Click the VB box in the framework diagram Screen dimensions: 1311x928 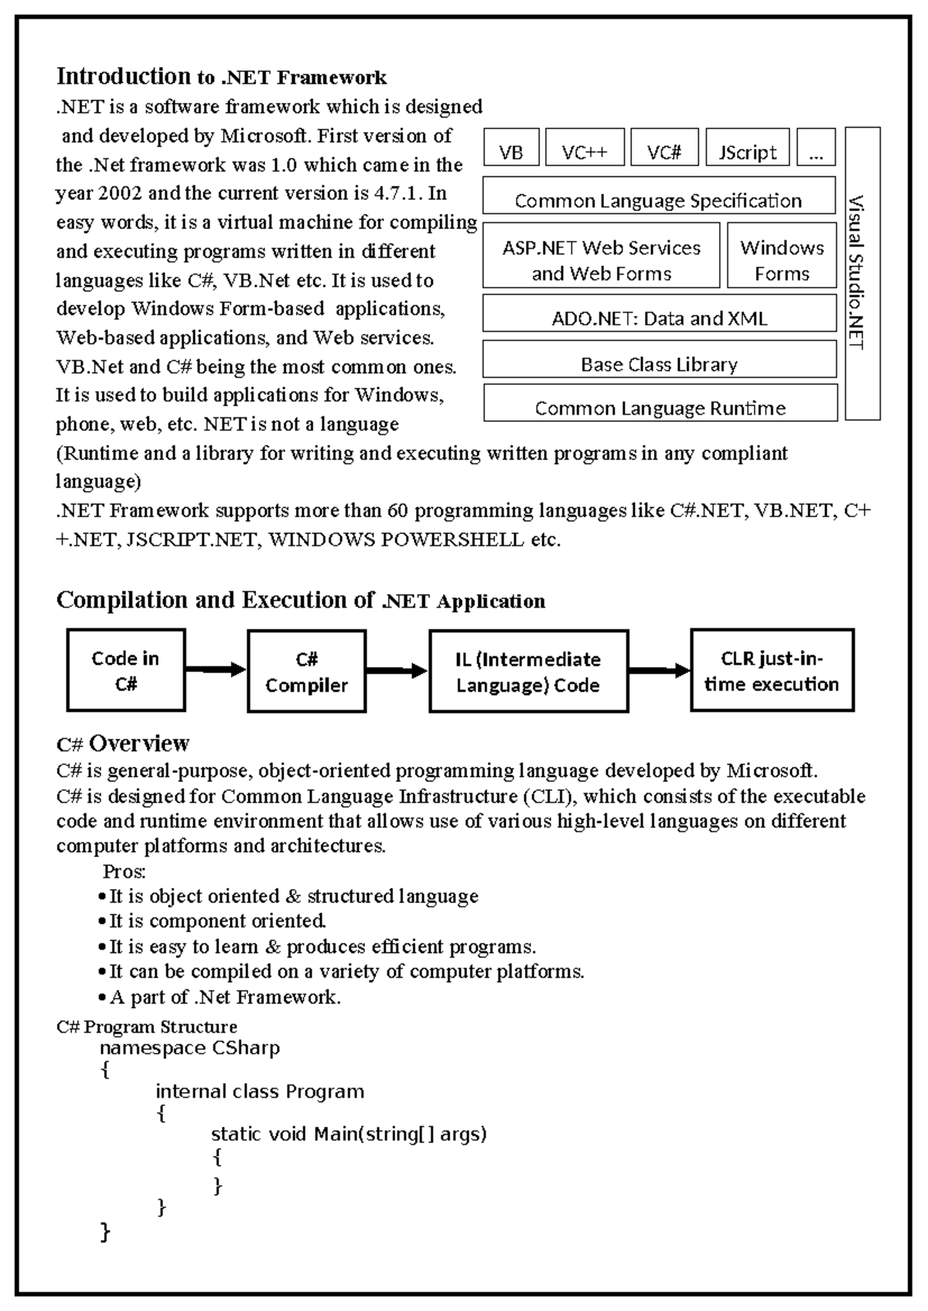coord(510,148)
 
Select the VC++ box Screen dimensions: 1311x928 coord(584,148)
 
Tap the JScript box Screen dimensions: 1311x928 coord(747,148)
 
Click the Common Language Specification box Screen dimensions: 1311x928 coord(659,196)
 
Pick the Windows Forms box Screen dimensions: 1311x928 coord(782,256)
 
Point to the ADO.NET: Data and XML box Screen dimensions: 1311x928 coord(659,313)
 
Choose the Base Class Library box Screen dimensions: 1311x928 coord(659,359)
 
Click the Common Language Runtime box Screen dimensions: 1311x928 coord(660,404)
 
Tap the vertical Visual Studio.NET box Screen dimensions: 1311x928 coord(862,274)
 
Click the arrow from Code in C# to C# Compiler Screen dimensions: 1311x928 coord(216,670)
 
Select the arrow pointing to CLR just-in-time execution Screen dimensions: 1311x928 coord(659,670)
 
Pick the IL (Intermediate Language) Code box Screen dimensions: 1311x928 coord(528,671)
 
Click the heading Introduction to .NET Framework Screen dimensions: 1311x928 coord(221,77)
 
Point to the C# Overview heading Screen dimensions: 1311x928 coord(123,744)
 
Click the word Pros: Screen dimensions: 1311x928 coord(125,872)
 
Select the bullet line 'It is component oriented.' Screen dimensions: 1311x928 coord(217,921)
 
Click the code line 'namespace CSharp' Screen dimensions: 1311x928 coord(189,1048)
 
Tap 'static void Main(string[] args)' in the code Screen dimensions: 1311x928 coord(349,1134)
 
